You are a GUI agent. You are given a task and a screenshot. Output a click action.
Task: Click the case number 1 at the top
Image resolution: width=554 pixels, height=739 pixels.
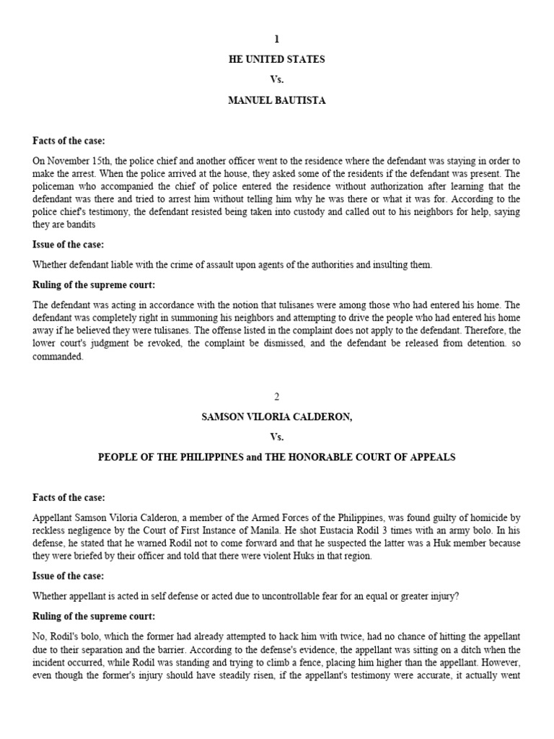click(x=276, y=39)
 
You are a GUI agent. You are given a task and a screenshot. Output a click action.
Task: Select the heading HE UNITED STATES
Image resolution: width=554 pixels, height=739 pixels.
click(x=276, y=59)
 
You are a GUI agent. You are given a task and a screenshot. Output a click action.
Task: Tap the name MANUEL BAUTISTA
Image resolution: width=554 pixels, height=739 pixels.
click(x=276, y=100)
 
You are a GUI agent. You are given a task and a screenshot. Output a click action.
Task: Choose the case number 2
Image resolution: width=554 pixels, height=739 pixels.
click(x=276, y=396)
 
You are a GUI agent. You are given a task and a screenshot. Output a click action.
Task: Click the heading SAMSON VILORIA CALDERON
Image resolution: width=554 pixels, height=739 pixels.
click(x=276, y=416)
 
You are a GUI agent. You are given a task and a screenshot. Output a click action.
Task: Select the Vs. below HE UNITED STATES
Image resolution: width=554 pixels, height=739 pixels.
click(x=276, y=79)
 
